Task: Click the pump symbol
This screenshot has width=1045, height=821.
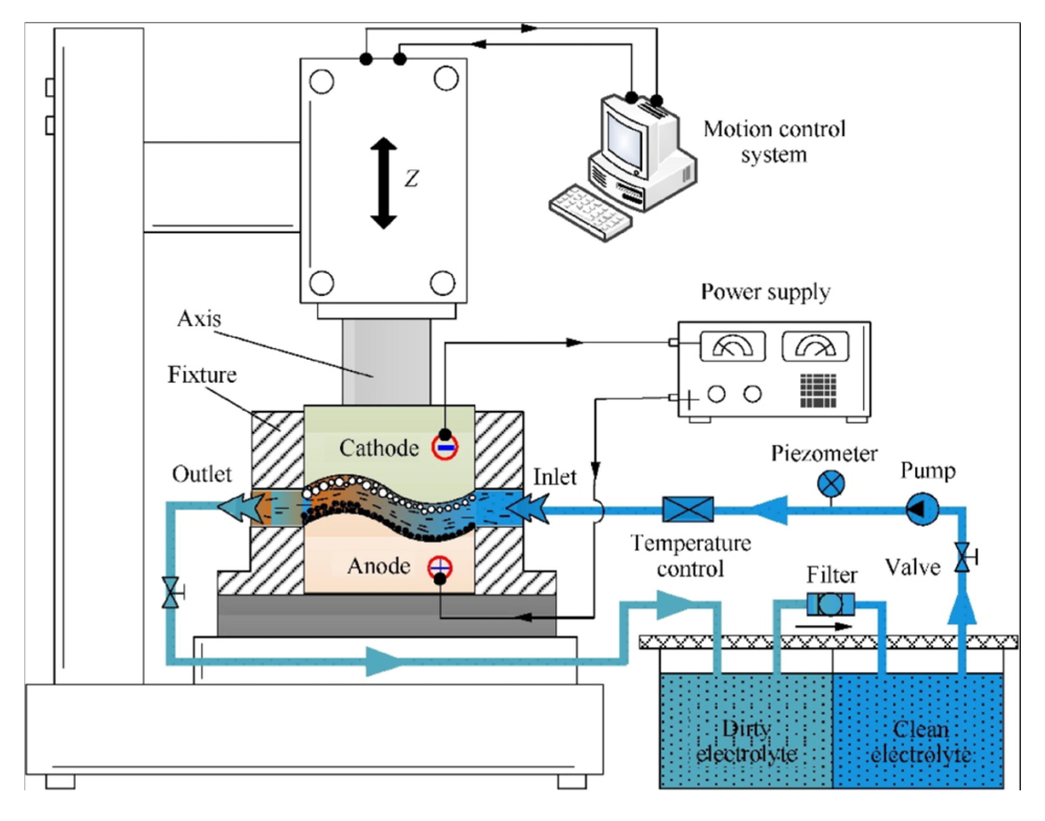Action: click(x=922, y=508)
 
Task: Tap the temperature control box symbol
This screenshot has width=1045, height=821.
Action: click(x=687, y=509)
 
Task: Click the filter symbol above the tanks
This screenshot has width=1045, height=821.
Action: click(x=831, y=605)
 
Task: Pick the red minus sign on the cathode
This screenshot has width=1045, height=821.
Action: click(x=445, y=447)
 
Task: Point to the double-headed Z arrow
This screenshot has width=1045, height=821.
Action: click(x=384, y=183)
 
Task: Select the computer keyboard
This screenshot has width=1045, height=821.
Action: click(x=590, y=212)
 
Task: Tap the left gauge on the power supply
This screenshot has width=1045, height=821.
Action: click(x=732, y=346)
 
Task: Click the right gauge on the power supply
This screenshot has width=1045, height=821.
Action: click(x=815, y=346)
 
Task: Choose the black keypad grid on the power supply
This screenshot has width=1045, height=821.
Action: click(x=818, y=390)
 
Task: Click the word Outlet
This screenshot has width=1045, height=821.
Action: click(x=202, y=474)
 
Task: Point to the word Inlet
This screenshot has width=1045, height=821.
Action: click(x=554, y=477)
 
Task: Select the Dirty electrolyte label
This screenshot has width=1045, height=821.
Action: click(x=747, y=742)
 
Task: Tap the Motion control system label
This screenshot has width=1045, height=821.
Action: click(x=774, y=142)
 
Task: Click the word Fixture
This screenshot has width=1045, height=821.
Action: click(x=202, y=375)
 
